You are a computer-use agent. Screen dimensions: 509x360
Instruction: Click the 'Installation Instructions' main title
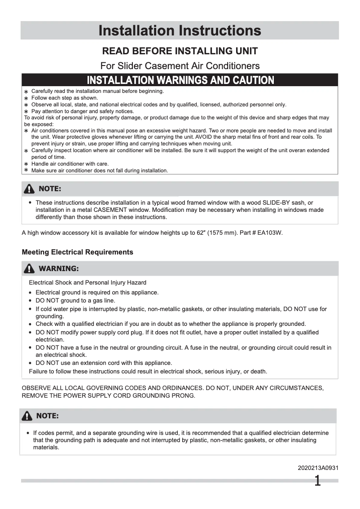tap(180, 31)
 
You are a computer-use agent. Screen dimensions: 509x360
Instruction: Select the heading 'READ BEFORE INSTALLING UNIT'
tap(180, 51)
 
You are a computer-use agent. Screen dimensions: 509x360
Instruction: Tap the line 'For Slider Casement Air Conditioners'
tap(180, 66)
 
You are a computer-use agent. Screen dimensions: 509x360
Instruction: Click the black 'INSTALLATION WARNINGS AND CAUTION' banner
tap(180, 80)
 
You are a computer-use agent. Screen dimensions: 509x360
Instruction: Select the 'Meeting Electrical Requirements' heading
tap(77, 252)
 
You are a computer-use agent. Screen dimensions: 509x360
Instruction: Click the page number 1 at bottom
tap(317, 482)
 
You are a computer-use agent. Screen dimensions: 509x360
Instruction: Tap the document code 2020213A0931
tap(318, 468)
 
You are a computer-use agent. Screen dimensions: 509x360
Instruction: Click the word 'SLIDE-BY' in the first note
tap(281, 203)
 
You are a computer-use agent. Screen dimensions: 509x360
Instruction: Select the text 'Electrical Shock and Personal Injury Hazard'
tap(88, 283)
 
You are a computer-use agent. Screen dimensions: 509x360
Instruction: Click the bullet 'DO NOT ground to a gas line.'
tap(75, 301)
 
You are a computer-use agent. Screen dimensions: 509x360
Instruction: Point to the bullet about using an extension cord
tap(104, 363)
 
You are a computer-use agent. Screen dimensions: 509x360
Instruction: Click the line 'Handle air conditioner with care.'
tap(70, 164)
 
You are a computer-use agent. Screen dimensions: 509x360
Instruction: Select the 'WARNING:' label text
tap(59, 269)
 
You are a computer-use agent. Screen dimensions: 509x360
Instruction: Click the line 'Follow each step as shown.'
tap(64, 98)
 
